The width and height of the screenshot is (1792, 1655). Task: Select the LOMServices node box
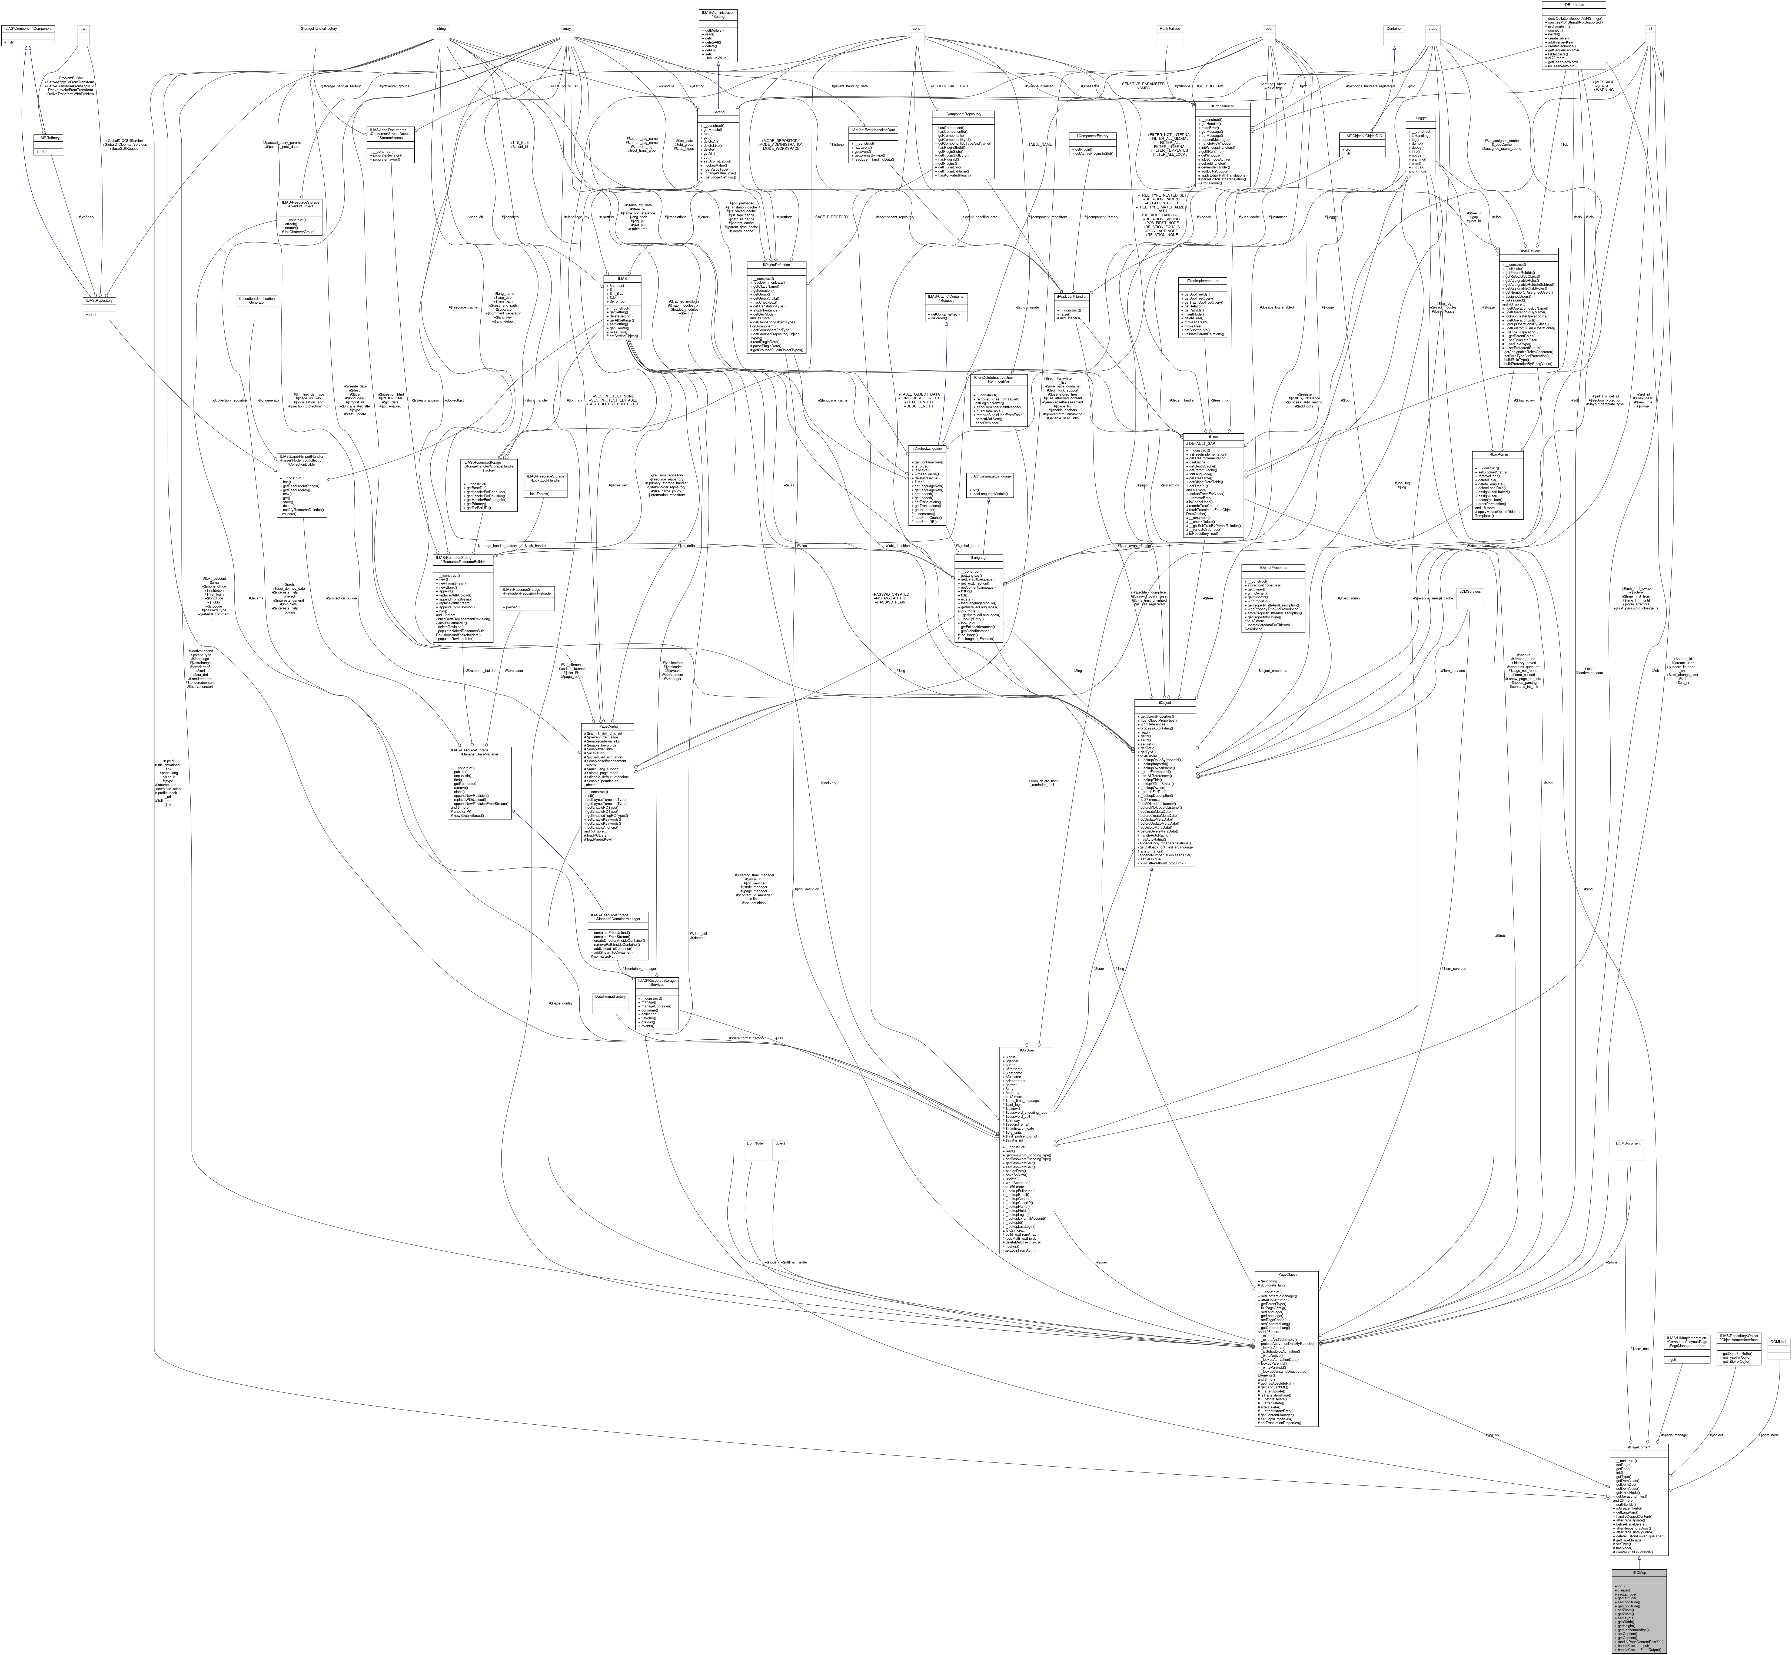pos(1469,591)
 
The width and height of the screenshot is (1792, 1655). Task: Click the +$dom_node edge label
pos(1770,1435)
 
